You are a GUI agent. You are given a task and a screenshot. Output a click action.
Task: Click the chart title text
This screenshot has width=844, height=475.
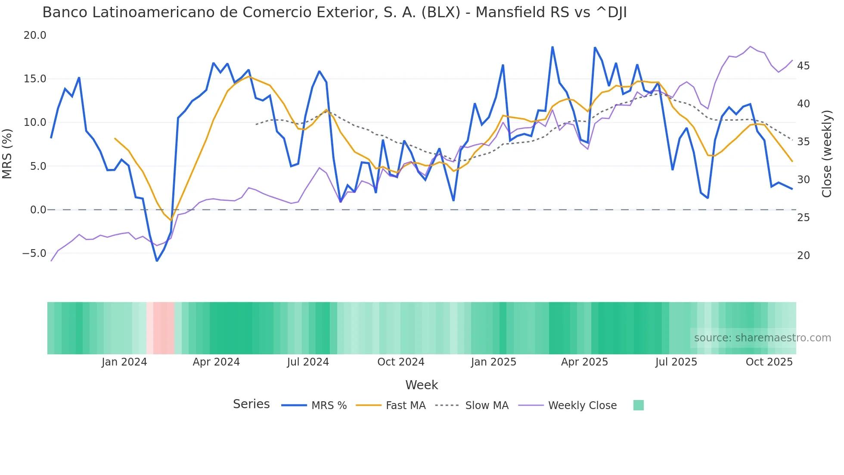tap(334, 12)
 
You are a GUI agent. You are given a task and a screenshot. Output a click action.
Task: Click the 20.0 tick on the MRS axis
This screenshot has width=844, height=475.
tap(35, 35)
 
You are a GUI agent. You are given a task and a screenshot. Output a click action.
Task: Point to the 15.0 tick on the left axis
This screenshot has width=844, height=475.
tap(35, 79)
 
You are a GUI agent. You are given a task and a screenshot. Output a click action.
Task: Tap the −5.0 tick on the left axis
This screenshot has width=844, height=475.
tap(34, 253)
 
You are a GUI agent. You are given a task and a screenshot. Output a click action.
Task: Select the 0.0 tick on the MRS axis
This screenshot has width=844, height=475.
tap(38, 210)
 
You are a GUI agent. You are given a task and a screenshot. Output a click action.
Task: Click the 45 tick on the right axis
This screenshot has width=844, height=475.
tap(803, 66)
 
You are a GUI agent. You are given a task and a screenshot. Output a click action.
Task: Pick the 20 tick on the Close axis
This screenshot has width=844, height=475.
tap(803, 256)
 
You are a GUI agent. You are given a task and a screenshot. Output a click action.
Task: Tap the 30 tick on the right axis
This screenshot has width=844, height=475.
tap(803, 180)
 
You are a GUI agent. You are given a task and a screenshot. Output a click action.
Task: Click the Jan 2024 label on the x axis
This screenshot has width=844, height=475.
tap(124, 362)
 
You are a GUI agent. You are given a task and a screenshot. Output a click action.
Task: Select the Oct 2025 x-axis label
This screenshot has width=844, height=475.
tap(769, 362)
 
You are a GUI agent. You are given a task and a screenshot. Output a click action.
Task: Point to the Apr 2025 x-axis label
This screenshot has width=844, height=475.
tap(584, 362)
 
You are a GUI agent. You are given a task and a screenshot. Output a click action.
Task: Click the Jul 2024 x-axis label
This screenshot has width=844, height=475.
tap(308, 362)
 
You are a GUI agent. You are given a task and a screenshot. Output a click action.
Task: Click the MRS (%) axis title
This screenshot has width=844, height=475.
tap(7, 153)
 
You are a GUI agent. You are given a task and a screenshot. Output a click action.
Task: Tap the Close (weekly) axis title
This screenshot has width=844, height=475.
tap(826, 153)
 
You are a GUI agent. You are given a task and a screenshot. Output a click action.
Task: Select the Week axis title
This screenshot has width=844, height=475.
tap(422, 385)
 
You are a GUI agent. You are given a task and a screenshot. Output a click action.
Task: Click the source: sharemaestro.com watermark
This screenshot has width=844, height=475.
tap(762, 338)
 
